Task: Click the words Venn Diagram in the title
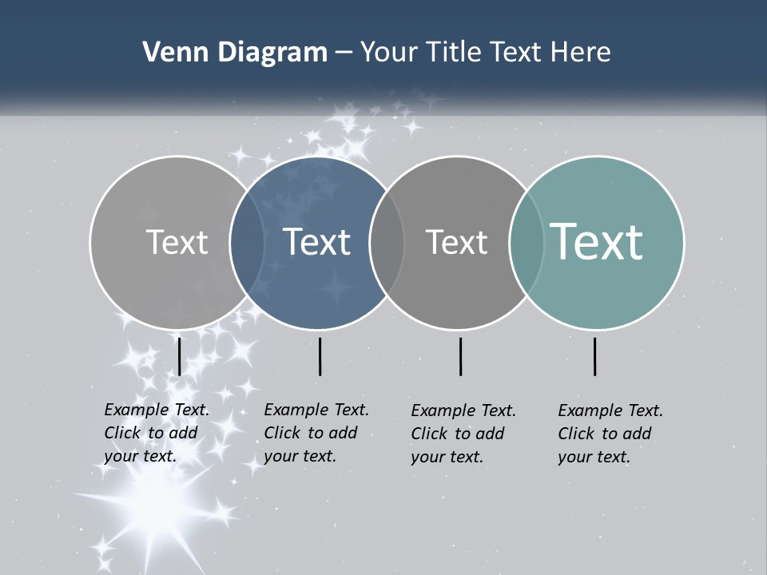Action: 234,53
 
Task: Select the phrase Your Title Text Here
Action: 485,53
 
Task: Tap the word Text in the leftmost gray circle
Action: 177,242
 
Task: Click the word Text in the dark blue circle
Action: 316,242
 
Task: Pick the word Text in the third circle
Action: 456,242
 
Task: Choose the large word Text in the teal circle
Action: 596,241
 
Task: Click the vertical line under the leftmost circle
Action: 179,356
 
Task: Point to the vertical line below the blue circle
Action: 320,356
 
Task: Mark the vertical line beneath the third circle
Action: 460,356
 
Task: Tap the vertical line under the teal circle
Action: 595,356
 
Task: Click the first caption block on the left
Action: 157,433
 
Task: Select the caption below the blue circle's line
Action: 316,433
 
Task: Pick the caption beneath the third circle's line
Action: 463,434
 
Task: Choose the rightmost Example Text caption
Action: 610,434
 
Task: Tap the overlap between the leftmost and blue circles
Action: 247,242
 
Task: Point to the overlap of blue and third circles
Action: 387,242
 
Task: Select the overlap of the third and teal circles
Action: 527,242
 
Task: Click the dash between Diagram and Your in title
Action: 343,54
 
